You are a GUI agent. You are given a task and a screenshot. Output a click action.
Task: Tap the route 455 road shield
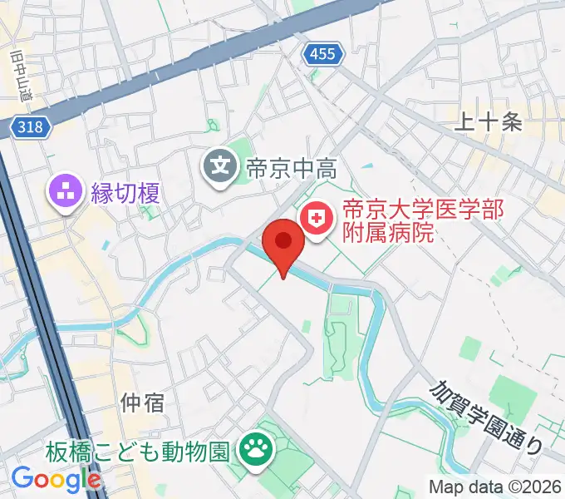point(321,54)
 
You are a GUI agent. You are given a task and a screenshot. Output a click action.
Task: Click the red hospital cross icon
point(316,220)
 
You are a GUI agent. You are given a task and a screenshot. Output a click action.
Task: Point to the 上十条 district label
point(489,122)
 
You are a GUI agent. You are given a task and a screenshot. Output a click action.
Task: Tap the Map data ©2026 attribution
point(494,487)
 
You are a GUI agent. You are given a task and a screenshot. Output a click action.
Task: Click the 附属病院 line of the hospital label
point(390,234)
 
